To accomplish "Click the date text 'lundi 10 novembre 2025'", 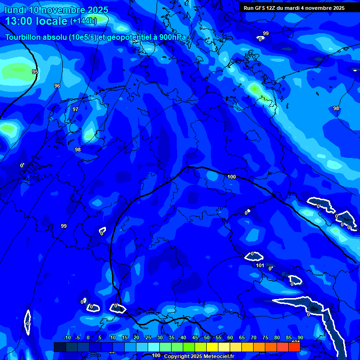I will point(56,10).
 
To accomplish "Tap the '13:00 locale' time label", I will point(37,21).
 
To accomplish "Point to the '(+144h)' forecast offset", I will point(83,21).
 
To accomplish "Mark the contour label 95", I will point(35,72).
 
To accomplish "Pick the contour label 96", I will point(57,86).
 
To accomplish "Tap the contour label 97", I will point(75,109).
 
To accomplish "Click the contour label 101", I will point(261,266).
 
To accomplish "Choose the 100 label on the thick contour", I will point(232,177).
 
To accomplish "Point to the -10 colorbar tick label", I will point(67,338).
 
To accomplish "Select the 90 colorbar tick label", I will point(300,338).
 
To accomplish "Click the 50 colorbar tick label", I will point(206,338).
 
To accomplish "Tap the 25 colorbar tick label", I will point(148,338).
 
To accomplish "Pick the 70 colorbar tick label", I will point(253,338).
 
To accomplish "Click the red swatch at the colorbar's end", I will point(294,347).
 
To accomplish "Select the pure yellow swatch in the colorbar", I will point(212,347).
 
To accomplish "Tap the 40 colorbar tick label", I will point(183,338).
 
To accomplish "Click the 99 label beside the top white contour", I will point(266,33).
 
